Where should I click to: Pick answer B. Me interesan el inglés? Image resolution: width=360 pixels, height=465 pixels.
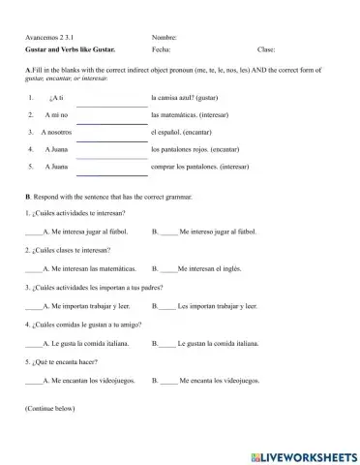[210, 268]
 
